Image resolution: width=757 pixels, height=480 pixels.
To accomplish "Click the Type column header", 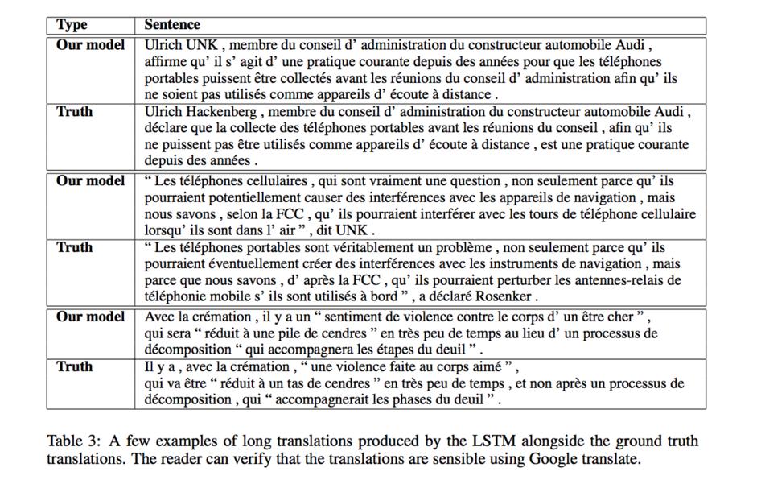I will click(x=72, y=25).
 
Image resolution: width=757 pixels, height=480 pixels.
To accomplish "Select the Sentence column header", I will click(x=172, y=25).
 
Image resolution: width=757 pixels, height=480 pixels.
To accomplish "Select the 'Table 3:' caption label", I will click(x=74, y=441).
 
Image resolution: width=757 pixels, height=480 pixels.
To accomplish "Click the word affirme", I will click(x=164, y=61).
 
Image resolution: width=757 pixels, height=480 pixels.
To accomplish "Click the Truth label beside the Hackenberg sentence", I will click(x=74, y=111).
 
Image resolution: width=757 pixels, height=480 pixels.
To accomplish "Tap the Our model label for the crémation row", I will click(x=90, y=317).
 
